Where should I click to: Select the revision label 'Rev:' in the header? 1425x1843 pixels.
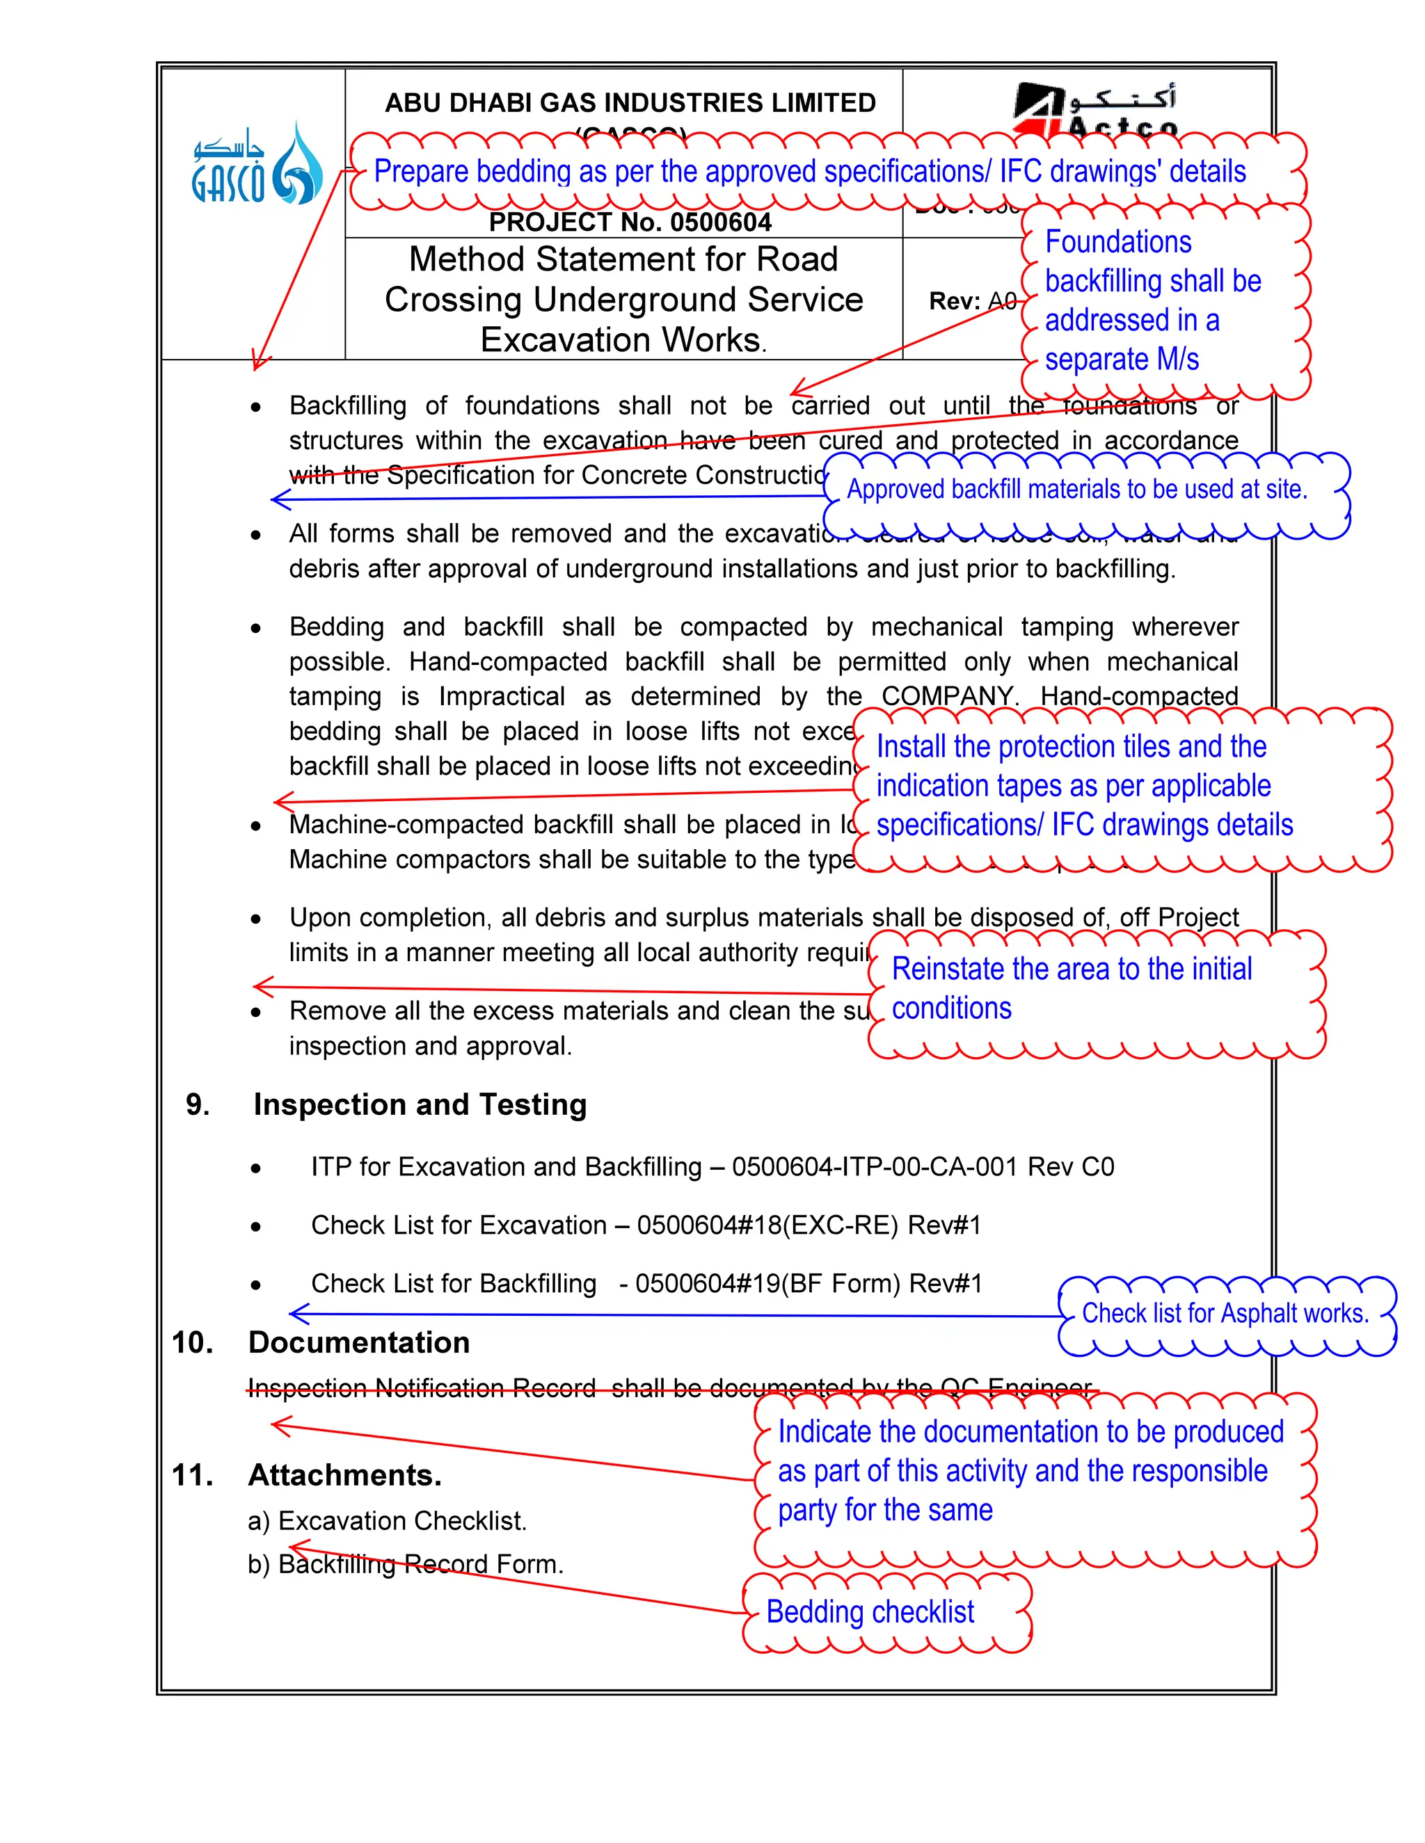click(x=954, y=301)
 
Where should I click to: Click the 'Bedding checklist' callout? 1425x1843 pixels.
click(x=870, y=1612)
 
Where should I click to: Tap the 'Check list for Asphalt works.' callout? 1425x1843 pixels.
click(x=1225, y=1314)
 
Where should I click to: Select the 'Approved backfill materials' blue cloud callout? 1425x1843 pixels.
click(x=1077, y=490)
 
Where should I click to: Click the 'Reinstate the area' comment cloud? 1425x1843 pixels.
click(x=1072, y=988)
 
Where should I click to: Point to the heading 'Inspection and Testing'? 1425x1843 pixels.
click(x=420, y=1104)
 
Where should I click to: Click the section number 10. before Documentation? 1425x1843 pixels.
click(x=193, y=1342)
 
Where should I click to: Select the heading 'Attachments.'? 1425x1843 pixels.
click(x=344, y=1475)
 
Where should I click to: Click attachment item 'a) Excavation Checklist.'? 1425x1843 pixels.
click(x=388, y=1520)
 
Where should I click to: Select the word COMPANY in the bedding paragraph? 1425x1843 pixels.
click(x=947, y=696)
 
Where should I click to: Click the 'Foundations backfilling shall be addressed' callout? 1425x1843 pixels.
click(x=1152, y=300)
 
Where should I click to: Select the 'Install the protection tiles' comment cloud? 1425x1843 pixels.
click(x=1084, y=786)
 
